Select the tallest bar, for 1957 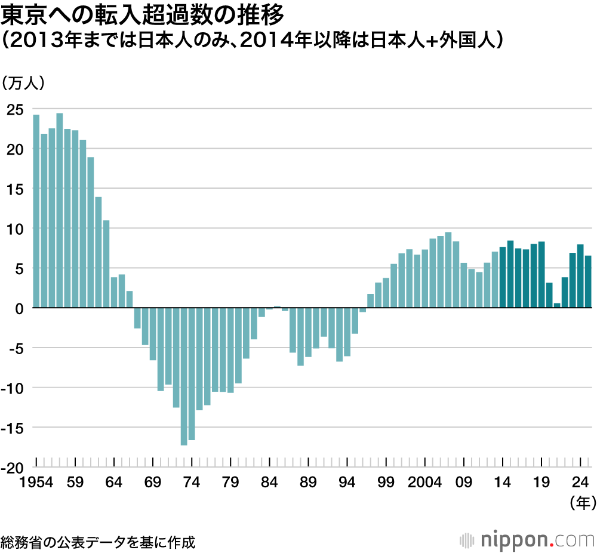pyautogui.click(x=60, y=210)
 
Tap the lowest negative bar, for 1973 pyautogui.click(x=184, y=376)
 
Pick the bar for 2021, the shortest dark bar pyautogui.click(x=557, y=305)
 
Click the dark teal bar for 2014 pyautogui.click(x=503, y=278)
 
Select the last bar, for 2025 pyautogui.click(x=588, y=282)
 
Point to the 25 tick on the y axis pyautogui.click(x=16, y=109)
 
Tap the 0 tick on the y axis pyautogui.click(x=19, y=308)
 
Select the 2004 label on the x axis pyautogui.click(x=424, y=482)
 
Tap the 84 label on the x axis pyautogui.click(x=270, y=482)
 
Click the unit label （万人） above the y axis pyautogui.click(x=24, y=83)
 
